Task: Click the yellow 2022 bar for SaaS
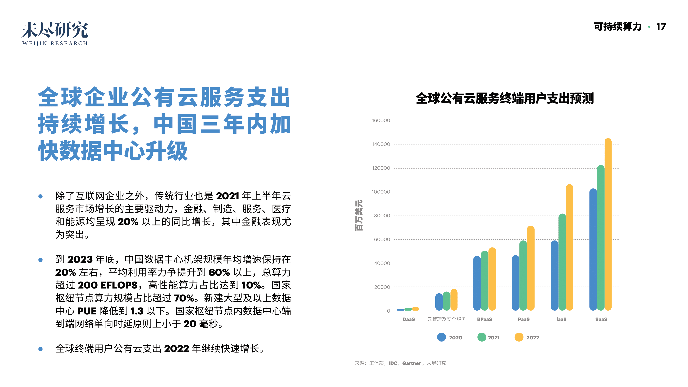coord(608,224)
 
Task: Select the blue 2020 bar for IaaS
coord(555,275)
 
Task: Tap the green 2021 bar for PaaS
coord(523,275)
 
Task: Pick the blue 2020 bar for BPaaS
coord(477,283)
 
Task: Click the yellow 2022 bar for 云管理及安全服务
coord(454,300)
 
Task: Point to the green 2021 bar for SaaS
coord(600,238)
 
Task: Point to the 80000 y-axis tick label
coord(382,216)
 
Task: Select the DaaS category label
coord(408,319)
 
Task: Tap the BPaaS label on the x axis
coord(484,319)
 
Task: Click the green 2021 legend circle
coord(482,337)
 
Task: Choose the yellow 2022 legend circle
coord(519,337)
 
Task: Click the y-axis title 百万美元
coord(359,215)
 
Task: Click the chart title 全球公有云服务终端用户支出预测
coord(505,98)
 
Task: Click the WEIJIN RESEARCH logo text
coord(55,43)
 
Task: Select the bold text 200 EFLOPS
coord(108,285)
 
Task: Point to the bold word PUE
coord(87,311)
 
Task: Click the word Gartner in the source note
coord(411,363)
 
